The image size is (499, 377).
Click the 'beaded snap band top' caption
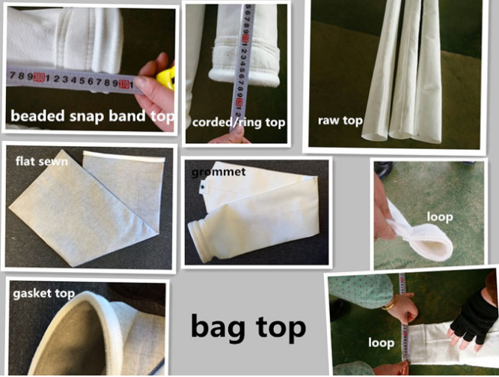pos(92,116)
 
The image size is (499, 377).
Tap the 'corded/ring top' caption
pos(239,121)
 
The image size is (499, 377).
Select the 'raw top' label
pos(340,120)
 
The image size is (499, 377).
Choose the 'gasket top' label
pos(43,293)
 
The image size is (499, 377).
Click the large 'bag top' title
pos(248,326)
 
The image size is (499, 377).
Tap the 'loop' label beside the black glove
pos(381,343)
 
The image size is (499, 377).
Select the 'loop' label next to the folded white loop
pos(441,217)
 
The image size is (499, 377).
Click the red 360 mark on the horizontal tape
pos(38,76)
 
